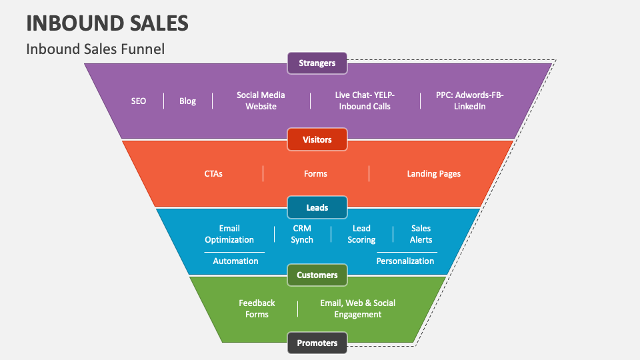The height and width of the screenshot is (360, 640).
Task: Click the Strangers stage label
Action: (x=317, y=63)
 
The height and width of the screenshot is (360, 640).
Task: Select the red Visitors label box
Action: (x=317, y=140)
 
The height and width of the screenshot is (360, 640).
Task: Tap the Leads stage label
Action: (x=317, y=207)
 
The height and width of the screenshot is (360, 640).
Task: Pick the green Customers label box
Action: (x=317, y=275)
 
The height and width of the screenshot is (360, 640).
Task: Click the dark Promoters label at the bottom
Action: (x=317, y=343)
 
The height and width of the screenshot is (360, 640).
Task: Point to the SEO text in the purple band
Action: (x=139, y=101)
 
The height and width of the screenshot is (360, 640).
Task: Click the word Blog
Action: (x=187, y=101)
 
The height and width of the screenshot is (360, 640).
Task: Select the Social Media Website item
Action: (x=261, y=101)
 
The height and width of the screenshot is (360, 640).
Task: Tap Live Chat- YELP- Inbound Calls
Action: (x=364, y=101)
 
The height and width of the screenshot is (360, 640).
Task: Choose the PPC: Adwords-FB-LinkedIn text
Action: (x=469, y=101)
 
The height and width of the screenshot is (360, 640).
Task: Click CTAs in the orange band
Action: (x=213, y=173)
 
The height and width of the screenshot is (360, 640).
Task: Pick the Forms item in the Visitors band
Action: (x=315, y=173)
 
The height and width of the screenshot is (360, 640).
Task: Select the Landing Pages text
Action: (x=433, y=173)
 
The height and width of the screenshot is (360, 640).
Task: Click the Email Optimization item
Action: (x=229, y=234)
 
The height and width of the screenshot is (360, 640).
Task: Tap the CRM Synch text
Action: (x=302, y=234)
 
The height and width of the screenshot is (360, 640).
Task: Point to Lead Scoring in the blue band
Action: (x=361, y=234)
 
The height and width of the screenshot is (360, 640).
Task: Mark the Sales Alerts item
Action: (x=421, y=234)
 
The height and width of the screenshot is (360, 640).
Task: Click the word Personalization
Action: (x=405, y=261)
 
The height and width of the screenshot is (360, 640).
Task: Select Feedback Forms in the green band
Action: (x=257, y=309)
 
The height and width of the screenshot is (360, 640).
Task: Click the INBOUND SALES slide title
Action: (x=107, y=23)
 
